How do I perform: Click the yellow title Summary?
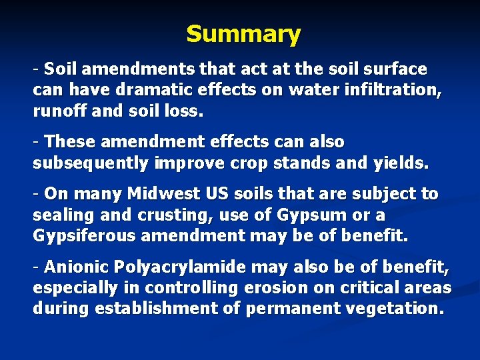pos(243,33)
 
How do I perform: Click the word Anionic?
pos(74,268)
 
